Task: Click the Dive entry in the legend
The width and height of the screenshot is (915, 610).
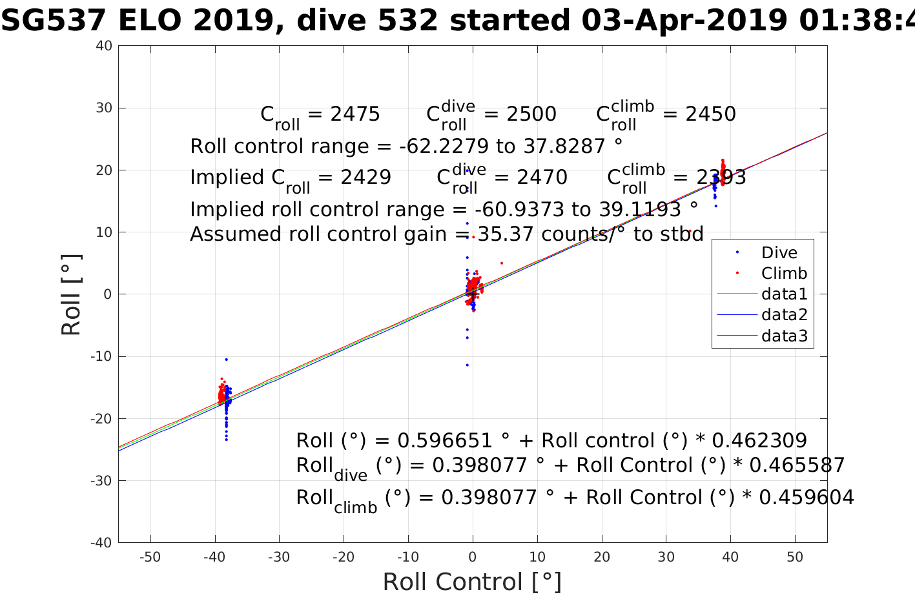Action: [779, 252]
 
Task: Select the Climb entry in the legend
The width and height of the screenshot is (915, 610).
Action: [784, 273]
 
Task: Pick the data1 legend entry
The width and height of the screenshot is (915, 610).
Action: [784, 294]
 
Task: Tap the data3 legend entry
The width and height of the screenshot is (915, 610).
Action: [784, 336]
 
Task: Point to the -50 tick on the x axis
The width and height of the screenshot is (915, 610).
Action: [150, 557]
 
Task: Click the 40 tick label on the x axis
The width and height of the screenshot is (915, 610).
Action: [730, 557]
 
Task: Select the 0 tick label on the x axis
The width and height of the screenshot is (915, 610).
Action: [473, 557]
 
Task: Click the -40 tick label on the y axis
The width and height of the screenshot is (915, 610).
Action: [101, 543]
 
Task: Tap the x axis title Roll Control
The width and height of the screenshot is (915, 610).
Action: [472, 582]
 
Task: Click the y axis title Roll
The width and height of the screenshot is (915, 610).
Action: [71, 294]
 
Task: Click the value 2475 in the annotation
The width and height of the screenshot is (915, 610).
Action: [355, 114]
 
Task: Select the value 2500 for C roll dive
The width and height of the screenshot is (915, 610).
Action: [531, 114]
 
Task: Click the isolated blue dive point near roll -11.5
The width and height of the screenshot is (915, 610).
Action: [467, 365]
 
